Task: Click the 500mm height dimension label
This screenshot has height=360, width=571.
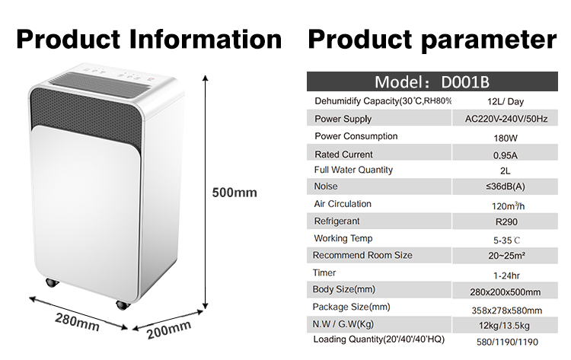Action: [x=234, y=193]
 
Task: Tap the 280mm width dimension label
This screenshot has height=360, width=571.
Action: [x=77, y=322]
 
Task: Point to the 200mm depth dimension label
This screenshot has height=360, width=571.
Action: [x=169, y=330]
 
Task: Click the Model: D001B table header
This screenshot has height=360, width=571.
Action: [x=432, y=82]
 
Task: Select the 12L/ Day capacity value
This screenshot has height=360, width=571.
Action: [x=505, y=101]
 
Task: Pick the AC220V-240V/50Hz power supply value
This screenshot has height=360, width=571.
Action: [x=506, y=119]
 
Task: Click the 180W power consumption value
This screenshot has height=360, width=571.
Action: [x=506, y=139]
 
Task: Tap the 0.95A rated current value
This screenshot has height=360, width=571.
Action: [x=505, y=155]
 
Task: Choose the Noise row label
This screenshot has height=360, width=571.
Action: [x=326, y=186]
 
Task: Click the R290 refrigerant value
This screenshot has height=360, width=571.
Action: [x=506, y=221]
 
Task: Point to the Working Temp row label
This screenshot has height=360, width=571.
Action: [x=343, y=238]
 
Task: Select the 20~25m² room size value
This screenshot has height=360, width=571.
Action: [x=506, y=256]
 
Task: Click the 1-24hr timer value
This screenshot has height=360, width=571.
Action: [x=506, y=276]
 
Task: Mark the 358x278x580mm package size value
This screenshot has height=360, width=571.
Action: [x=506, y=311]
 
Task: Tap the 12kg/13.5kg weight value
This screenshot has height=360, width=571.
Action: [x=504, y=326]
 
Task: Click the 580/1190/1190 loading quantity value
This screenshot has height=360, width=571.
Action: [x=507, y=342]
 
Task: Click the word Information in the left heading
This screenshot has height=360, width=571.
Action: [x=206, y=39]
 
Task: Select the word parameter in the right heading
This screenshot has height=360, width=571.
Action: [x=489, y=40]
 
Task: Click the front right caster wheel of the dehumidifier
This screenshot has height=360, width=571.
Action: [x=123, y=305]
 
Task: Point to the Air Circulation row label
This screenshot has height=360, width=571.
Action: [x=343, y=204]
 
